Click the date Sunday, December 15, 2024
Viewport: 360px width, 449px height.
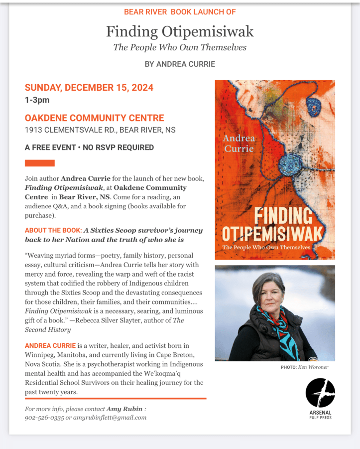coord(89,88)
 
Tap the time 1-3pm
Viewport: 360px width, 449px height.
coord(37,100)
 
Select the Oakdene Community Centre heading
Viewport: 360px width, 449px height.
coord(94,118)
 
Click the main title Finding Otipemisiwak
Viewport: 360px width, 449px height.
coord(180,32)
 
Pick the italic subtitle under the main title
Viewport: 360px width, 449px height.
coord(180,48)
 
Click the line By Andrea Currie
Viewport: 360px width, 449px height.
coord(180,64)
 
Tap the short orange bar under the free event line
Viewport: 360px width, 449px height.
coord(39,163)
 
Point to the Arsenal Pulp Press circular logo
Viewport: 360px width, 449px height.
coord(320,392)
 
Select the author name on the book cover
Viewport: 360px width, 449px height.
coord(239,144)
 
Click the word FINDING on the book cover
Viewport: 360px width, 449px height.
coord(283,216)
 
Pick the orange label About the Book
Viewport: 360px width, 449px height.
coord(53,230)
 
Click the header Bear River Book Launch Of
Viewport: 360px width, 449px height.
coord(180,11)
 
